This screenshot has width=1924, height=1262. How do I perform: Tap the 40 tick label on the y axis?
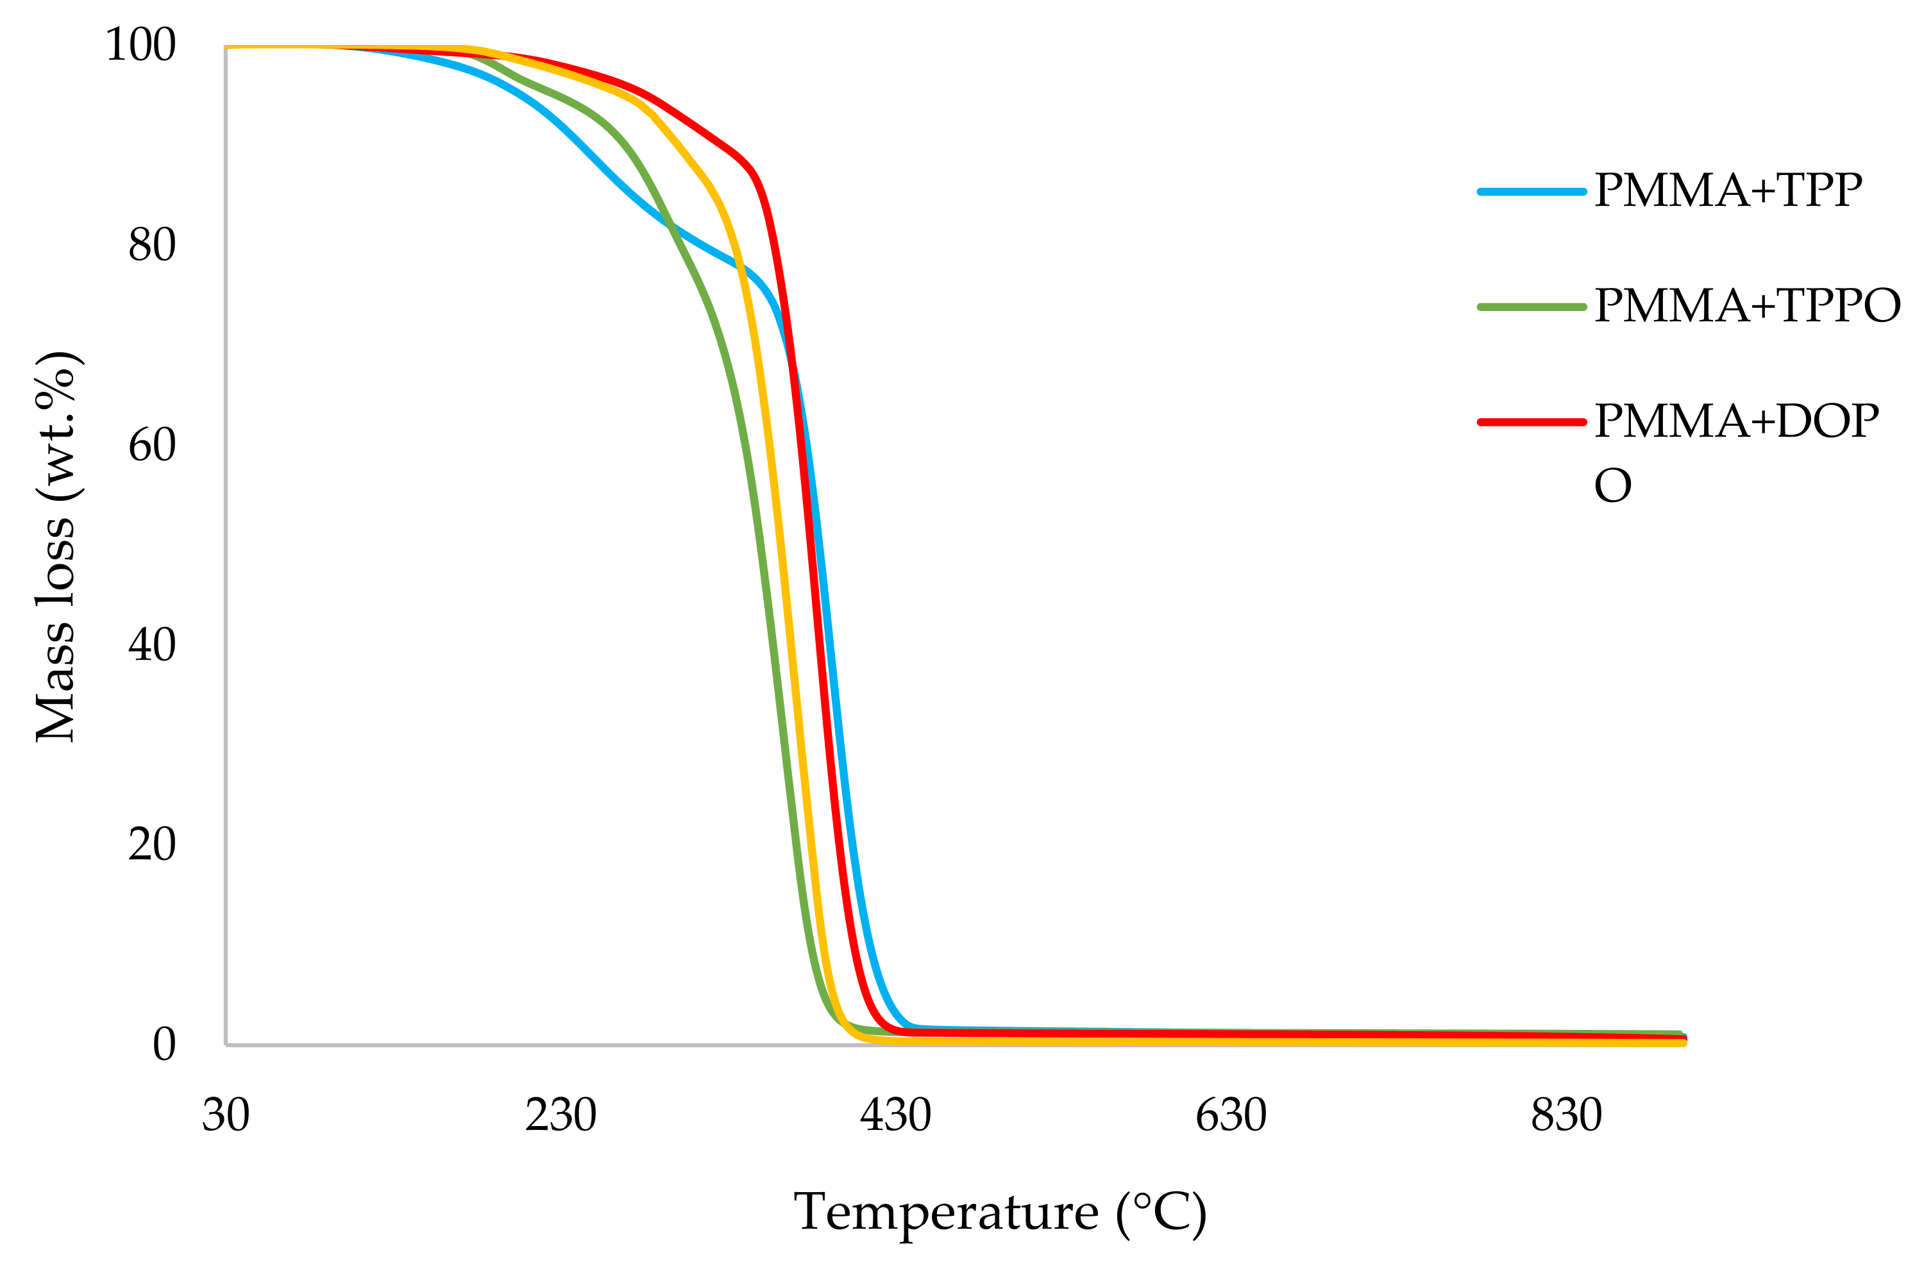pos(151,644)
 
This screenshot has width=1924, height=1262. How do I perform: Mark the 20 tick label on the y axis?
pos(151,844)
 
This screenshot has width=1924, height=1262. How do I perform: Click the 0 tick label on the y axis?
pos(164,1044)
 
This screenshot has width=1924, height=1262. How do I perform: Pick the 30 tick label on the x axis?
pos(226,1115)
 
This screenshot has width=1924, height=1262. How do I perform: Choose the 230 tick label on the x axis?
pos(561,1115)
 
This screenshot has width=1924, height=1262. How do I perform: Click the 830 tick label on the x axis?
pos(1566,1115)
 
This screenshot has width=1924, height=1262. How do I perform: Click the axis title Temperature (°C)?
pos(1000,1213)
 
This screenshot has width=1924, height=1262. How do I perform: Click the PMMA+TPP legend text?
pos(1728,191)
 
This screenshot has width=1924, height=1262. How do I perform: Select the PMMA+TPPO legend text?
pos(1747,306)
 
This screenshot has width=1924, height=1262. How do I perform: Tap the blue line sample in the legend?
pos(1532,192)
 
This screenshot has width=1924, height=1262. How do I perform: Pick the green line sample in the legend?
pos(1532,307)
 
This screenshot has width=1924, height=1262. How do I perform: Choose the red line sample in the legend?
pos(1532,421)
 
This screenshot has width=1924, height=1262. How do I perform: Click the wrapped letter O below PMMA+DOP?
pos(1613,486)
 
